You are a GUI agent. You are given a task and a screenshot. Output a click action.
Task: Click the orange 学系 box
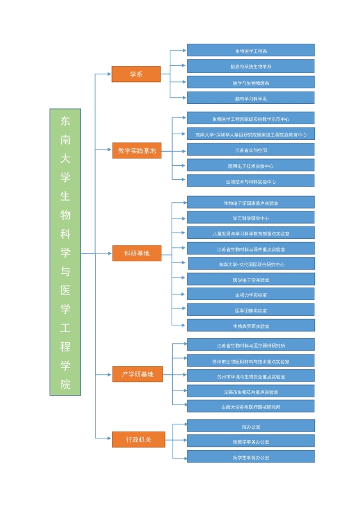pos(136,74)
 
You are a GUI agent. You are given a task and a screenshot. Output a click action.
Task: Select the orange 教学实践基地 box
pos(137,151)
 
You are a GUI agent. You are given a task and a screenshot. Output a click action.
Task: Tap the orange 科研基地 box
pos(137,253)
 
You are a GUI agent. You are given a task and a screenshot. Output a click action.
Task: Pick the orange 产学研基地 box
pos(137,374)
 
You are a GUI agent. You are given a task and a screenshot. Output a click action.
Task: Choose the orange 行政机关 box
pos(138,439)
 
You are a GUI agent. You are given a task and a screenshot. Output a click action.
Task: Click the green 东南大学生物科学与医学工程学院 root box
pos(65,252)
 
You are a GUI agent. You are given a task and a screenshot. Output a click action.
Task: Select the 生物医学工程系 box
pos(251,51)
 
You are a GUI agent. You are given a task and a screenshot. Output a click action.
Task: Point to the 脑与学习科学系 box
pos(251,98)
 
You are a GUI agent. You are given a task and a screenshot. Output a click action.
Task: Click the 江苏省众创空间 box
pos(251,150)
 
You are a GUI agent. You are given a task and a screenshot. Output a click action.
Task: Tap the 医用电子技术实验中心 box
pos(251,166)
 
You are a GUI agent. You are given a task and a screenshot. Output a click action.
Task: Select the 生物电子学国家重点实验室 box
pos(251,203)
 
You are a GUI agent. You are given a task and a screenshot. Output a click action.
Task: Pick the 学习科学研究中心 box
pos(251,218)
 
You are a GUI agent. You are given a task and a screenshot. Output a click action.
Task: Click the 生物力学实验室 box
pos(251,294)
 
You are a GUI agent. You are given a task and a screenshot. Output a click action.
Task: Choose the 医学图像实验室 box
pos(251,310)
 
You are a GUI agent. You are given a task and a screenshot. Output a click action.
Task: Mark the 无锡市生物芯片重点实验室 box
pos(251,392)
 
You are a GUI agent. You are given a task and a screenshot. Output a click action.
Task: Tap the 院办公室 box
pos(251,427)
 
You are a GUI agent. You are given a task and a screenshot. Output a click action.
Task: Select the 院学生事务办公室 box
pos(251,457)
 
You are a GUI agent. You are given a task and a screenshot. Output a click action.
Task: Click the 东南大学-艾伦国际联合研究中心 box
pos(251,264)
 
